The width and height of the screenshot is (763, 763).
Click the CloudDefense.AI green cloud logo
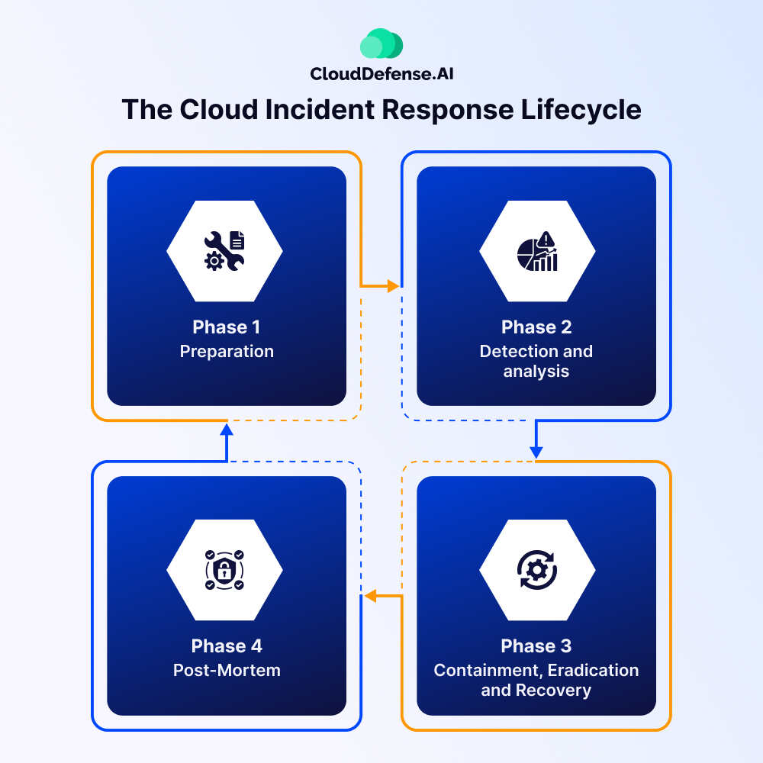[x=381, y=44]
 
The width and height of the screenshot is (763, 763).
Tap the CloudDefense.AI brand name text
[x=381, y=74]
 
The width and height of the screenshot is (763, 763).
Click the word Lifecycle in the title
[x=581, y=110]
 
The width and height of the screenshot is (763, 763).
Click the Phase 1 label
[x=227, y=327]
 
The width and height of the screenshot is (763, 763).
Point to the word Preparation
[x=227, y=352]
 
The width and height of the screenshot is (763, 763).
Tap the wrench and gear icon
[x=224, y=250]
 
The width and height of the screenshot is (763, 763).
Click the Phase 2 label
[x=536, y=327]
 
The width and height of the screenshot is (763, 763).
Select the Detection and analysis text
[x=536, y=361]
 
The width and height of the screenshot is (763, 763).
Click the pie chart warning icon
[x=537, y=251]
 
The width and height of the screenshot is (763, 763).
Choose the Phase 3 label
[x=536, y=646]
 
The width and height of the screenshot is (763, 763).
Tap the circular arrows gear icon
[x=537, y=569]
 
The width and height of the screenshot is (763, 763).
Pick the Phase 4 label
[x=227, y=646]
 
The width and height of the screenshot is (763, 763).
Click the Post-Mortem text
[x=227, y=671]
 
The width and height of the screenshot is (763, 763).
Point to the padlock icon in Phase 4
[x=224, y=569]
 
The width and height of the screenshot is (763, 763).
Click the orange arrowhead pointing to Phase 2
[x=393, y=286]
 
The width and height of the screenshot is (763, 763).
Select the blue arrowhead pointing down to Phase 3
[x=536, y=452]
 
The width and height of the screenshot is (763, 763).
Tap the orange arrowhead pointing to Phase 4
[x=370, y=596]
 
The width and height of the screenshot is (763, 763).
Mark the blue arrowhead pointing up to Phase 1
[x=227, y=430]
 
